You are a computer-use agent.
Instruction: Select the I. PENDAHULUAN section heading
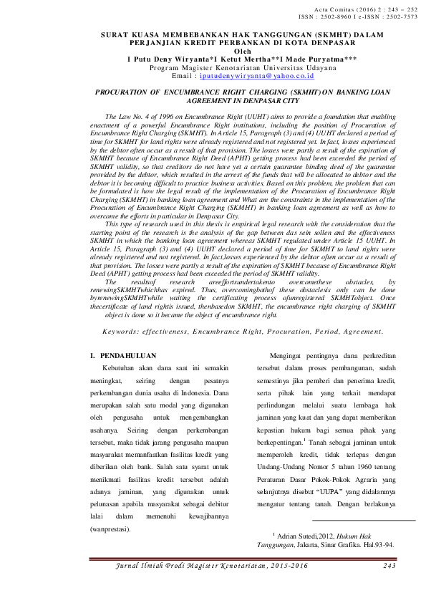click(x=120, y=355)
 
